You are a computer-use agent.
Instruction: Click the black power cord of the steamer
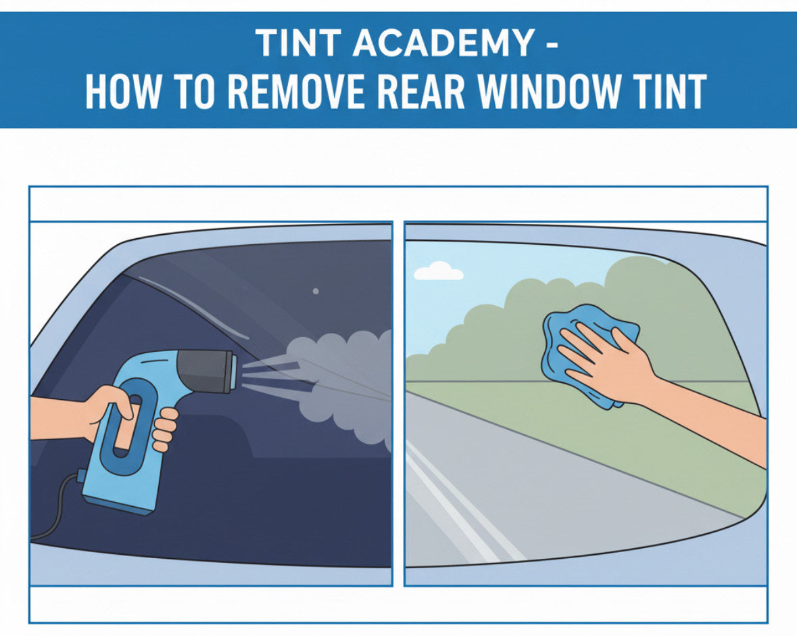57,507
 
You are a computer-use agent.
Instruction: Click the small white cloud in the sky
438,271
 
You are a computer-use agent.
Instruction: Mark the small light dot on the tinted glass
315,291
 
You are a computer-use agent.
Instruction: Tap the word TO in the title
196,92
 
